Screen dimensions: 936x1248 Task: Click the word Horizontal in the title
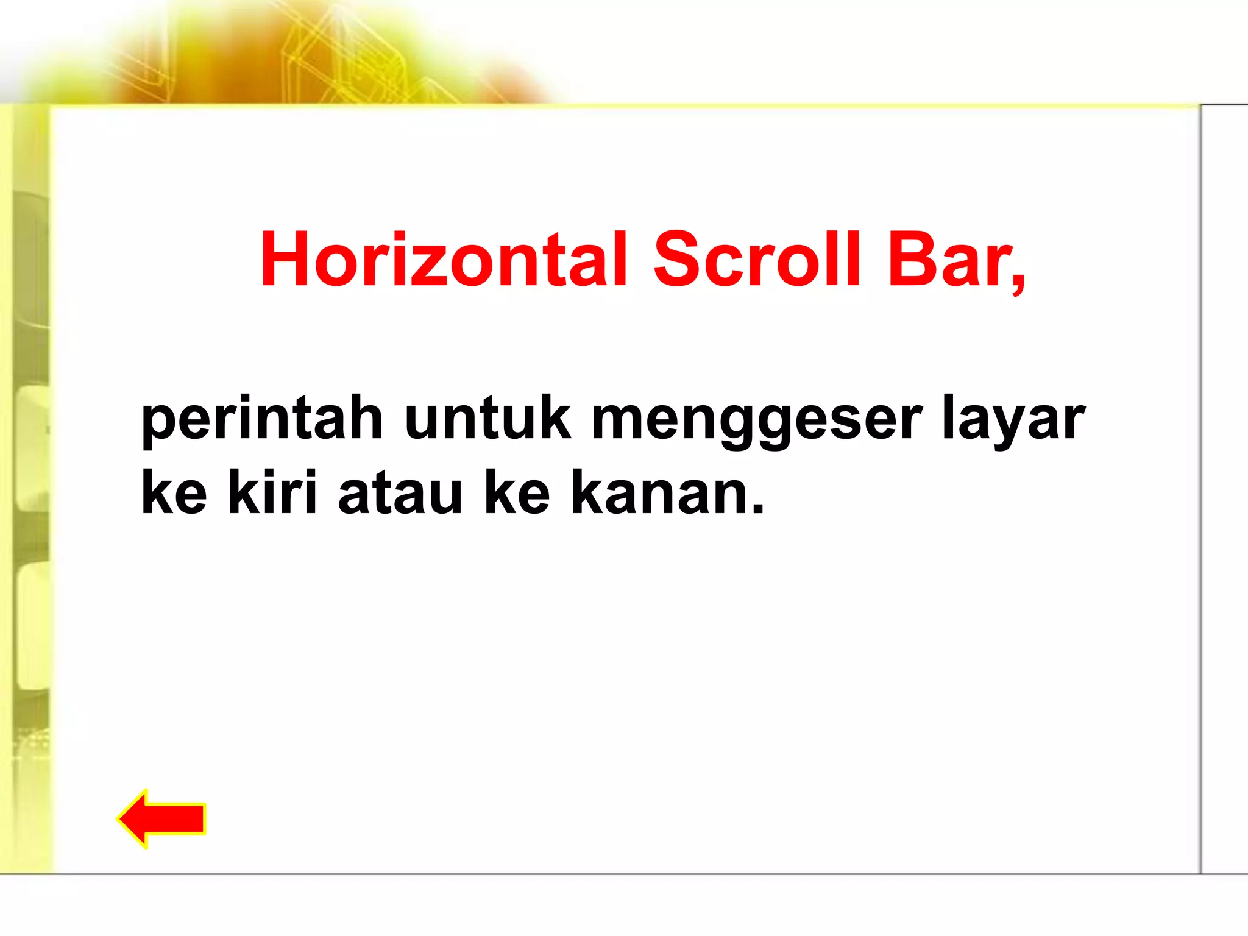444,260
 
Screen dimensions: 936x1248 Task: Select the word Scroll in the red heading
757,260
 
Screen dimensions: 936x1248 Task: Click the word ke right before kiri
174,492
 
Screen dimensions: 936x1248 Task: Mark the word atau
400,492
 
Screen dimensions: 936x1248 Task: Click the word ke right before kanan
517,492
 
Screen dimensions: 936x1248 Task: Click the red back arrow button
162,818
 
